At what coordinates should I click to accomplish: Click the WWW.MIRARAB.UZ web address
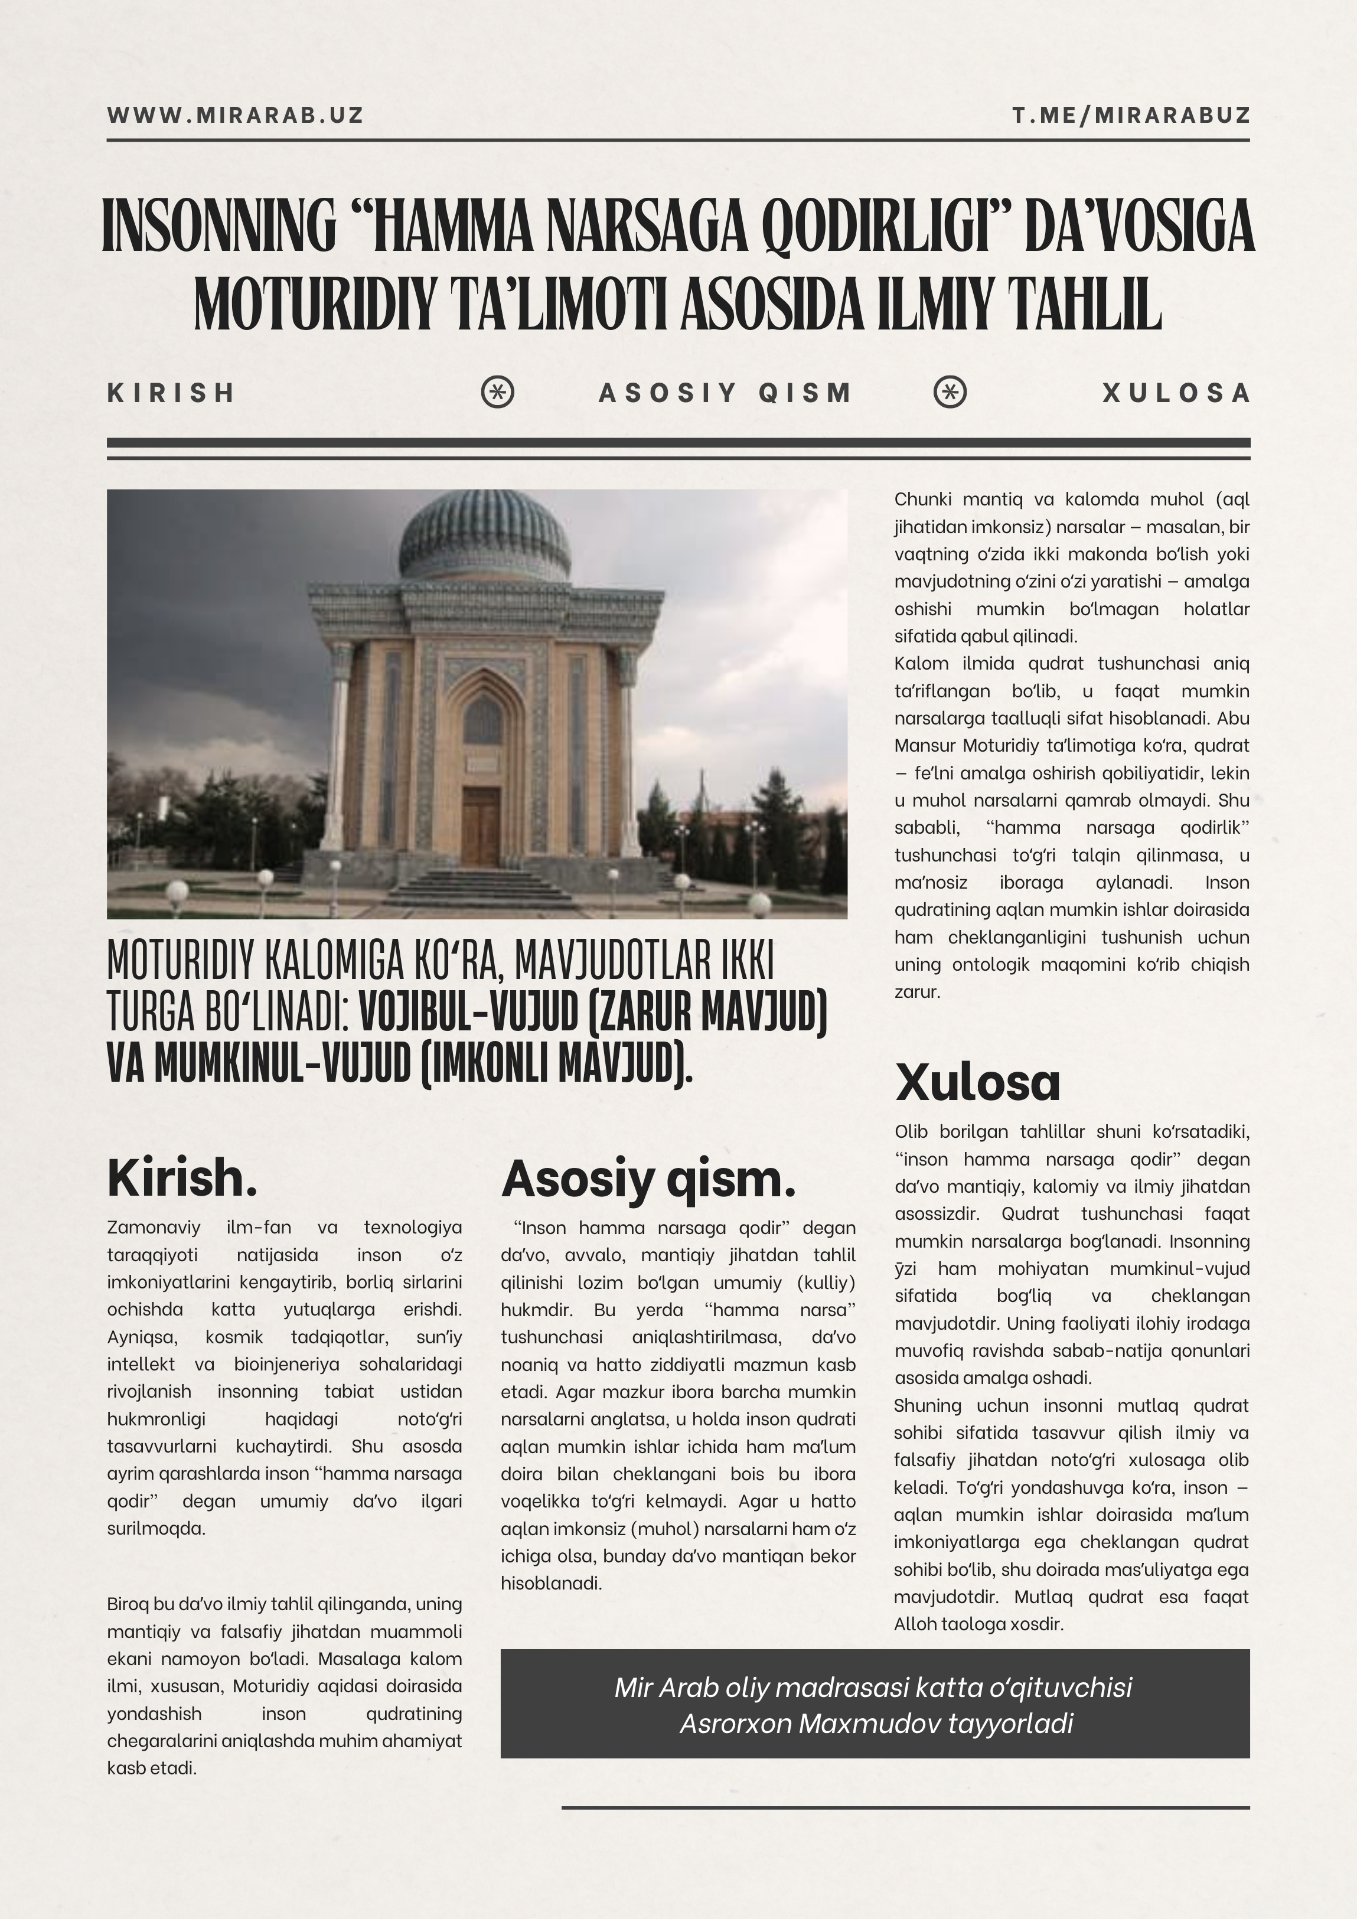235,115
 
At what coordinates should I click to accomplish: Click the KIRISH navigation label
171,393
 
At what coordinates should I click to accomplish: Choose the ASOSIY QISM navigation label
726,393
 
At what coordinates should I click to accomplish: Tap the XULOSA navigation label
1176,393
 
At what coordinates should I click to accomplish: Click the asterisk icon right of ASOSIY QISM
950,392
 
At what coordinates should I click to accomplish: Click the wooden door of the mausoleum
480,824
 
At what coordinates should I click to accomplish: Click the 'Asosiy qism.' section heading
648,1179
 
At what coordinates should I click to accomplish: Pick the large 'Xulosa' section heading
977,1082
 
